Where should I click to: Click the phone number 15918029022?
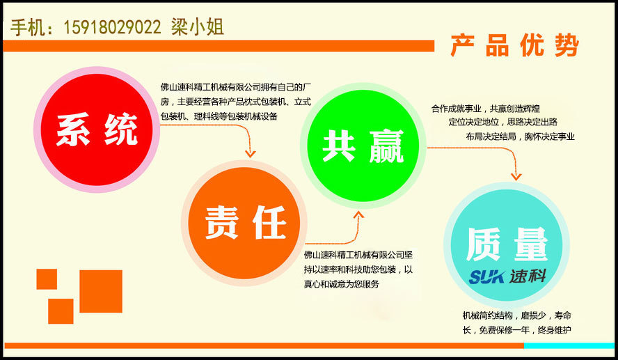(x=112, y=28)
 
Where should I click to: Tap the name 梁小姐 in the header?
(x=198, y=27)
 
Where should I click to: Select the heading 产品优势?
(x=515, y=46)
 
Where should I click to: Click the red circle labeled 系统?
(x=97, y=130)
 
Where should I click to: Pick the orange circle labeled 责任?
(x=244, y=224)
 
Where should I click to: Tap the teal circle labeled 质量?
(x=507, y=245)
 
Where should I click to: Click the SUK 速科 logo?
(x=507, y=276)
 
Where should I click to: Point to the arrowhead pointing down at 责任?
(x=251, y=153)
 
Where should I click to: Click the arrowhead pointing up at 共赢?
(x=358, y=216)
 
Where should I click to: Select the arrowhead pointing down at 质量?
(x=516, y=176)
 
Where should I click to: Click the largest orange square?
(x=101, y=291)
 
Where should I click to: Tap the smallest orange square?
(x=47, y=279)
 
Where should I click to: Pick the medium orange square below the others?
(x=61, y=311)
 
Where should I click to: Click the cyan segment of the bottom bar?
(x=570, y=346)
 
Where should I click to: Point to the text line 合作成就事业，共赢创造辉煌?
(x=485, y=109)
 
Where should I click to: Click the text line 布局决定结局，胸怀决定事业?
(x=520, y=136)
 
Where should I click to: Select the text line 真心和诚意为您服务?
(x=341, y=283)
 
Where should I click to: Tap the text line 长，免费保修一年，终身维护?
(x=516, y=329)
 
